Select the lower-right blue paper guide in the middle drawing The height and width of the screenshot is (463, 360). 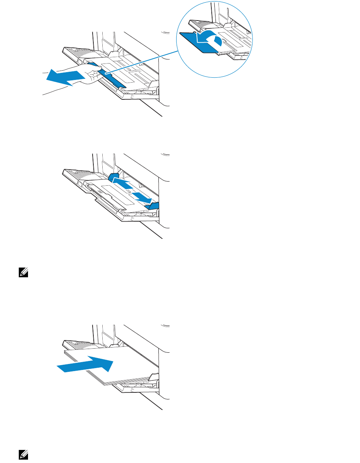pos(154,207)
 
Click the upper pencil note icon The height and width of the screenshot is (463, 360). pos(24,273)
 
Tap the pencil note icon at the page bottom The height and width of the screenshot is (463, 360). pos(24,454)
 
